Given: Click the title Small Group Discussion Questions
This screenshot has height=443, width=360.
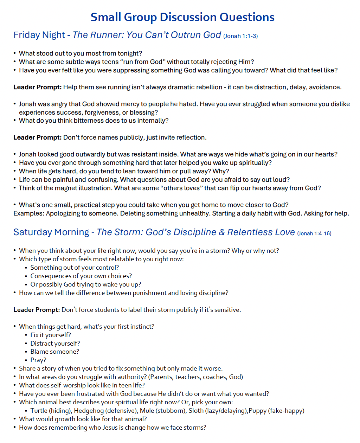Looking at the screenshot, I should pos(182,17).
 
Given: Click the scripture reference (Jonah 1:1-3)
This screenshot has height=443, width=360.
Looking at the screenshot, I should pos(240,36).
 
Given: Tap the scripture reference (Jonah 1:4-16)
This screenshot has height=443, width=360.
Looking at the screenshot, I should pos(314,233).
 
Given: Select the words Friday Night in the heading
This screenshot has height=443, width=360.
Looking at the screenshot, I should pos(39,35).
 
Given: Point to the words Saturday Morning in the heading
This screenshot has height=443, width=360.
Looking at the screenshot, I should pos(51,232).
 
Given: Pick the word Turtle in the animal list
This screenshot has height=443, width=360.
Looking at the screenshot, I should pos(39,411).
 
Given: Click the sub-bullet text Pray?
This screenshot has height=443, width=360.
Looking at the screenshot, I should pos(38,360).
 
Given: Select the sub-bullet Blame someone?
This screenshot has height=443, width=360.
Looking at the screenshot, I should pos(55,352).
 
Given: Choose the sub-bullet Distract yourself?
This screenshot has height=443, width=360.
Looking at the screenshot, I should pos(55,343).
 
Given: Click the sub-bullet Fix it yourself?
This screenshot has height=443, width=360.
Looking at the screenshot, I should pos(51,335).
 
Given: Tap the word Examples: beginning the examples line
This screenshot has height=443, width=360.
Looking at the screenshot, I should pos(29,213).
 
